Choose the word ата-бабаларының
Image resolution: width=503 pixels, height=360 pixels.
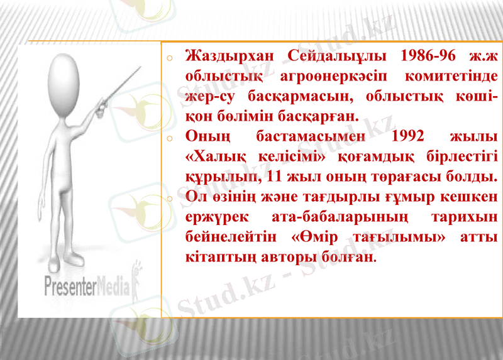345,217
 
